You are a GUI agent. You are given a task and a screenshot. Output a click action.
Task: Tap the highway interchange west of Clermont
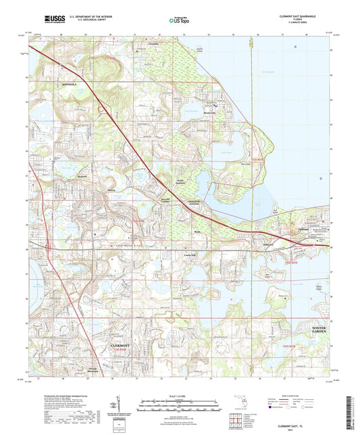pos(49,247)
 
